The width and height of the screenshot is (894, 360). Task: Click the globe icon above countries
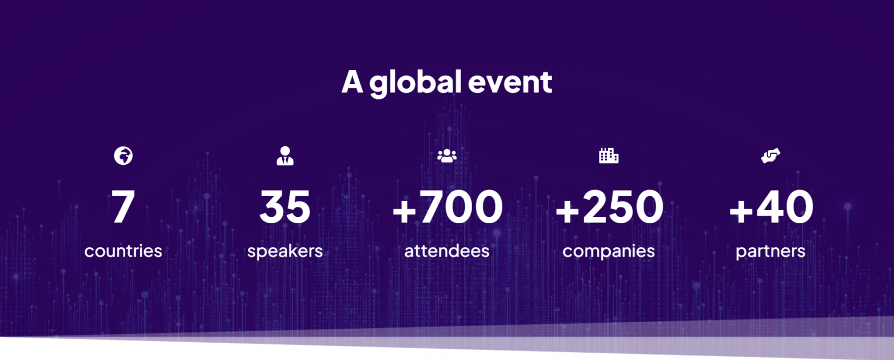click(x=123, y=155)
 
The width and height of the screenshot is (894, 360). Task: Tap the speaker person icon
click(x=285, y=155)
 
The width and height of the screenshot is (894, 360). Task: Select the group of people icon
click(x=447, y=155)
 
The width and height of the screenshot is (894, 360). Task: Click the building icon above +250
click(x=608, y=155)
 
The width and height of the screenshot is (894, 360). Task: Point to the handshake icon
click(x=771, y=155)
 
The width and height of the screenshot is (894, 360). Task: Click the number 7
click(x=123, y=206)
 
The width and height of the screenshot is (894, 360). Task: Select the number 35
click(x=285, y=206)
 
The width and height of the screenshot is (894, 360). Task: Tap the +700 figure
click(x=448, y=206)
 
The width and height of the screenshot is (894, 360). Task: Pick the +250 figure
click(x=609, y=206)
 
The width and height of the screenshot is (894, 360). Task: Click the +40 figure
click(x=771, y=206)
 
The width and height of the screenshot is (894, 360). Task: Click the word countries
click(x=123, y=252)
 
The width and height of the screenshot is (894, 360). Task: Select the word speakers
click(x=285, y=252)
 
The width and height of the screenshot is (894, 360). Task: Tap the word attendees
click(x=447, y=252)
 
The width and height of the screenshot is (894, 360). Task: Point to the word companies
click(x=608, y=252)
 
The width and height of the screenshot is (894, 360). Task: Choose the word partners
click(x=771, y=252)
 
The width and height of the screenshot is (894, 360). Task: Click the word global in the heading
click(x=416, y=83)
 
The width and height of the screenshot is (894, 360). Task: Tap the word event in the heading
click(x=510, y=83)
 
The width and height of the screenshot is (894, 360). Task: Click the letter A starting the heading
click(x=352, y=82)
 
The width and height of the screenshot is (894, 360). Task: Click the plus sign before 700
click(x=405, y=211)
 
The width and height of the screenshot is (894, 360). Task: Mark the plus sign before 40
click(x=741, y=211)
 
